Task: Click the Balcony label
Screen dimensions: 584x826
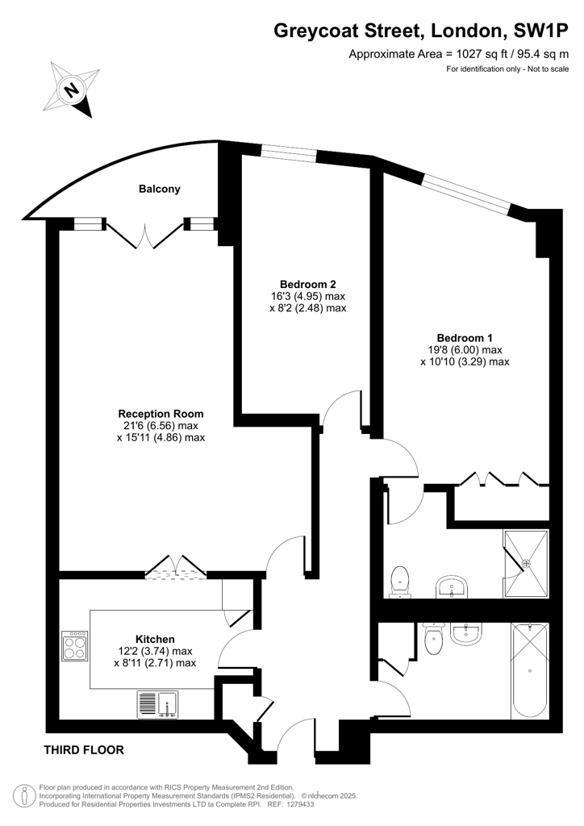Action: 160,189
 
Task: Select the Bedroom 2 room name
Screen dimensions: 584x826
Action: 308,285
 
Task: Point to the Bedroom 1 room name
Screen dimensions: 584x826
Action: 465,338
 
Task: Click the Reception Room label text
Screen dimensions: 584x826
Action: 161,414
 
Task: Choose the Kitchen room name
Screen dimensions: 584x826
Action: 155,640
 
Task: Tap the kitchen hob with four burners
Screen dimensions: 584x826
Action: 74,646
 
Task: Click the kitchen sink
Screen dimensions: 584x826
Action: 158,705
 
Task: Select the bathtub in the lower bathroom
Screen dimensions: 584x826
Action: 529,670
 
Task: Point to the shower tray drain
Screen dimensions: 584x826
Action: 526,564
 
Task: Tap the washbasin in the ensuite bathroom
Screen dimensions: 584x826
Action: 452,587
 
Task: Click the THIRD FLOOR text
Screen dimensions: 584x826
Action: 84,750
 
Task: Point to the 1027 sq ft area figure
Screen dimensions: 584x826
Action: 470,54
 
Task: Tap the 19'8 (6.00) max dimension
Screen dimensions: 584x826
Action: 465,350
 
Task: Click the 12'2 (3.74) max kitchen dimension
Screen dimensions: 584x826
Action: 156,652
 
